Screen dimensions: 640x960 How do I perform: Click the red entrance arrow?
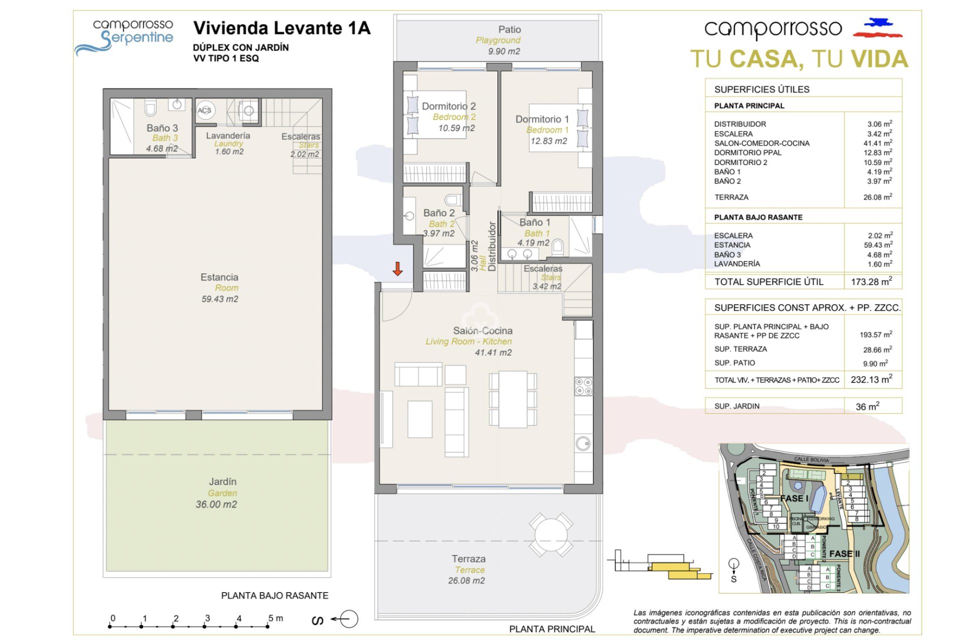pyautogui.click(x=397, y=268)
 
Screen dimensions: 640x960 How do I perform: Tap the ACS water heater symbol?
pyautogui.click(x=204, y=110)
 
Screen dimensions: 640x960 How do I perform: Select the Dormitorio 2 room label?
pyautogui.click(x=448, y=106)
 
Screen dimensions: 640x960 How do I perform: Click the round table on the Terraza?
pyautogui.click(x=551, y=534)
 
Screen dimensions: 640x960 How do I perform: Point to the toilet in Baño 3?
pyautogui.click(x=150, y=107)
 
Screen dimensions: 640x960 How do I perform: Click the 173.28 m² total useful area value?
pyautogui.click(x=871, y=281)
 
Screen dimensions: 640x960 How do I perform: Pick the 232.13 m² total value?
pyautogui.click(x=871, y=379)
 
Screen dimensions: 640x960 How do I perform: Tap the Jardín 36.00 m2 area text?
pyautogui.click(x=216, y=504)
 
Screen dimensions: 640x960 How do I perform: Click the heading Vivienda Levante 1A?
pyautogui.click(x=282, y=28)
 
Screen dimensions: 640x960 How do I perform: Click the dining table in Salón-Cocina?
pyautogui.click(x=513, y=399)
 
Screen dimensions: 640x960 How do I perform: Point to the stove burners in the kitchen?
pyautogui.click(x=583, y=386)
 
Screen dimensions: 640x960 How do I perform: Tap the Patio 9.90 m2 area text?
pyautogui.click(x=504, y=51)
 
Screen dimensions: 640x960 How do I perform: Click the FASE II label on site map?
pyautogui.click(x=844, y=553)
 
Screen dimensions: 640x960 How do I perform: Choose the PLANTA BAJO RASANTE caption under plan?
pyautogui.click(x=274, y=595)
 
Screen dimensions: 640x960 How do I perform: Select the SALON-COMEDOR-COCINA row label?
pyautogui.click(x=761, y=143)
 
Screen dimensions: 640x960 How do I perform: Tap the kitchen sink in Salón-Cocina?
pyautogui.click(x=583, y=443)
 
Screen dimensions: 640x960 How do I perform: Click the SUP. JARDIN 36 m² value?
pyautogui.click(x=867, y=406)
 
